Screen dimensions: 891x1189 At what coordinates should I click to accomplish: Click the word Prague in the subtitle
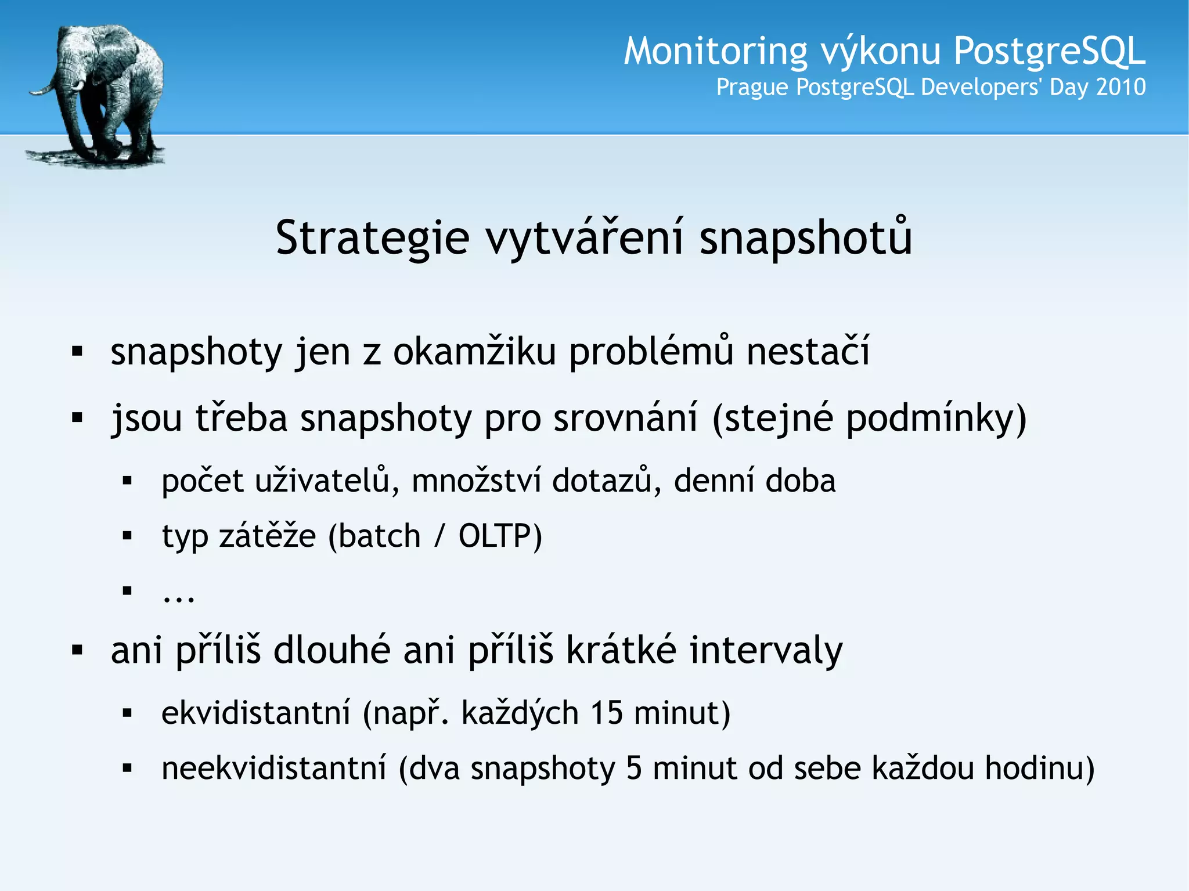tap(752, 88)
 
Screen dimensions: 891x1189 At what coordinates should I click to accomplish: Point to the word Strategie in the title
tap(372, 238)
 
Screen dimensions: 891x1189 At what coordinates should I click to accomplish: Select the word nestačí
tap(808, 352)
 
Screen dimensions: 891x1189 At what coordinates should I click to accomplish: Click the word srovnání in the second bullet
tap(625, 418)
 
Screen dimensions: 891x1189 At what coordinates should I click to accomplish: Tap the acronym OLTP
tap(500, 536)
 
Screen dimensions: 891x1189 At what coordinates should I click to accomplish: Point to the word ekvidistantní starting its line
tap(256, 713)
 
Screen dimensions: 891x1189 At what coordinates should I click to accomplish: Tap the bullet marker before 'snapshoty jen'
tap(77, 352)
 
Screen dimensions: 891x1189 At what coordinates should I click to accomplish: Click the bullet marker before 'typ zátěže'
tap(128, 536)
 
